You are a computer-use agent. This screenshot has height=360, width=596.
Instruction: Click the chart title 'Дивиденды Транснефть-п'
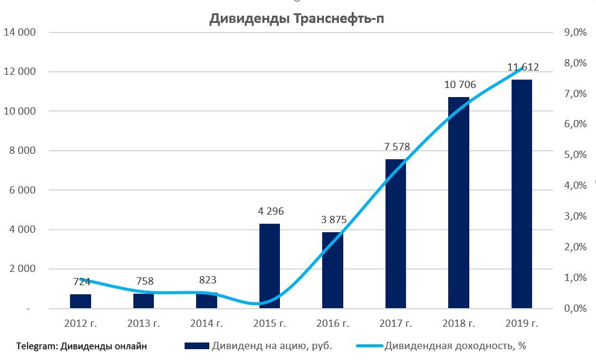point(296,19)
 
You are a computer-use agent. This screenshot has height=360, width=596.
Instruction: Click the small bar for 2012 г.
point(80,301)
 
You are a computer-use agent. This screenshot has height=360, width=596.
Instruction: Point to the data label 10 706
point(460,85)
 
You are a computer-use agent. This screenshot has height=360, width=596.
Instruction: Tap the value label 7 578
point(396,147)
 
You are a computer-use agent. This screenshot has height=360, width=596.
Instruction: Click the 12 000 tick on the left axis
point(20,72)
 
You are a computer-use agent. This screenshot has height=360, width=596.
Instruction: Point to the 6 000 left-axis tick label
point(22,190)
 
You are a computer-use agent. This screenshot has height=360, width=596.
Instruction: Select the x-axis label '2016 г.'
point(332,324)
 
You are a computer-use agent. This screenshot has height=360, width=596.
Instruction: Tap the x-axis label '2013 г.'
point(144,324)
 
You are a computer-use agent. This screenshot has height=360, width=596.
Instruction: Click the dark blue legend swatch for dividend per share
point(196,346)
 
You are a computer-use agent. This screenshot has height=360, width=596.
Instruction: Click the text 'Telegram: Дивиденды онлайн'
point(82,346)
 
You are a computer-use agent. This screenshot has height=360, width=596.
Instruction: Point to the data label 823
point(206,280)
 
